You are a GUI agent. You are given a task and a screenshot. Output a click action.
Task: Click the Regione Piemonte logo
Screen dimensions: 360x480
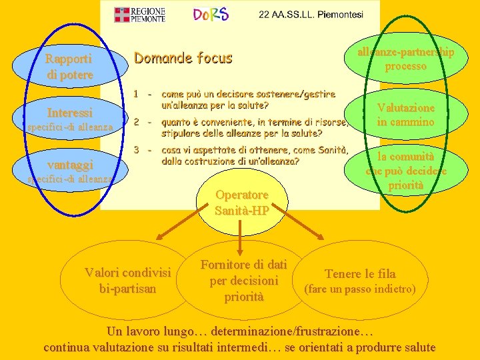(x=139, y=15)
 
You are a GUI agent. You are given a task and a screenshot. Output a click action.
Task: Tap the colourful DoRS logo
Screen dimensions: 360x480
(x=210, y=15)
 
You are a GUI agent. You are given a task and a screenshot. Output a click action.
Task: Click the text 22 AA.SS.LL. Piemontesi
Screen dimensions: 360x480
(x=311, y=15)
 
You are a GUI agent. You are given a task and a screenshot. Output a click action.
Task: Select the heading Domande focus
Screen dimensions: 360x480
(x=183, y=58)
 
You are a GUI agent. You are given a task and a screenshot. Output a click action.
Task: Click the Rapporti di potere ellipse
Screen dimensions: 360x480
(x=69, y=67)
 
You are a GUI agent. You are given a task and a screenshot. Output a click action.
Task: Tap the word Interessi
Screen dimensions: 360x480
(x=69, y=112)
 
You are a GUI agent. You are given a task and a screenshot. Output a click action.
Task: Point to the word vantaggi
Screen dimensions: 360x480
(x=70, y=164)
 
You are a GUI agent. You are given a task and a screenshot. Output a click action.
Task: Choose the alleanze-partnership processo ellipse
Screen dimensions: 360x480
(x=405, y=59)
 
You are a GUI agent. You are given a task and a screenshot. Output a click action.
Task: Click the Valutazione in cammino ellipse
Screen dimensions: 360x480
(x=405, y=115)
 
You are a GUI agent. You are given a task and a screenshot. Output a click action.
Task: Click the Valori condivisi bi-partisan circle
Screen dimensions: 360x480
(x=127, y=280)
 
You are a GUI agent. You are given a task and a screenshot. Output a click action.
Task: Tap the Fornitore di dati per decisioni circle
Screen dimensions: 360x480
(x=243, y=280)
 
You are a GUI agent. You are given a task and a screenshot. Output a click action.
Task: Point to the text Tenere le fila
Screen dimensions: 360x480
(x=359, y=273)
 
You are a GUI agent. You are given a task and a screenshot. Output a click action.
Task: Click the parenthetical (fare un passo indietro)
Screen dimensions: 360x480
(x=359, y=289)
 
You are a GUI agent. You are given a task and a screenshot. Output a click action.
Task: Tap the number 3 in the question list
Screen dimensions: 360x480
(x=135, y=149)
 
